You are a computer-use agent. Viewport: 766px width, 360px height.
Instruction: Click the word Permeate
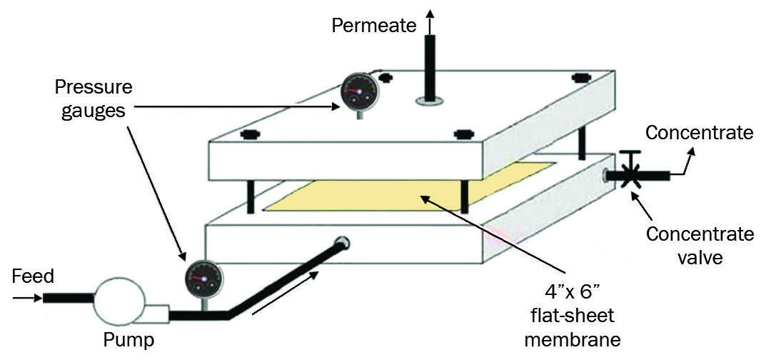coord(373,26)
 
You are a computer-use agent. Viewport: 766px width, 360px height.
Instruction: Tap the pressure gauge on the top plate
coord(353,91)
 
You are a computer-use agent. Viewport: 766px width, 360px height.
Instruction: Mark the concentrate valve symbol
coord(629,174)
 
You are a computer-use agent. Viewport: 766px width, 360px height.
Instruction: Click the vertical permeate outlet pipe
coord(430,68)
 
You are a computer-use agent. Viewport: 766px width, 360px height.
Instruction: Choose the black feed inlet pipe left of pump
coord(68,296)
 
